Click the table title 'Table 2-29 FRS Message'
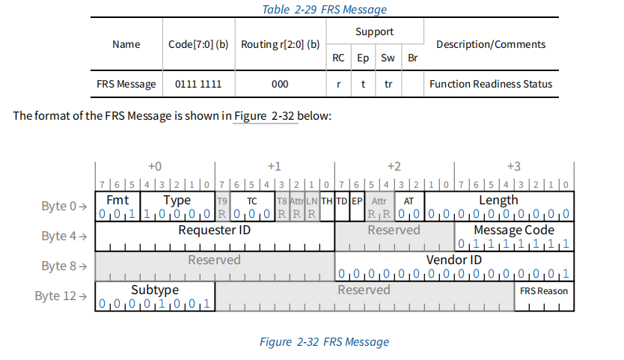(323, 10)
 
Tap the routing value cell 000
(280, 84)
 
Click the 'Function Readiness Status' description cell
(491, 84)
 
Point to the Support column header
(374, 32)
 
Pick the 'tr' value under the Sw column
(388, 84)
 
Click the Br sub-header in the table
(412, 58)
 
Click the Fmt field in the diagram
(118, 201)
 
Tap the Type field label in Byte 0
(177, 201)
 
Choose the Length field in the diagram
(498, 200)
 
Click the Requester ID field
(215, 231)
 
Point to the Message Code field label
(514, 230)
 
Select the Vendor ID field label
(454, 260)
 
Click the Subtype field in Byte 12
(155, 290)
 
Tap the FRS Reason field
(543, 291)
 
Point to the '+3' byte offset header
(513, 165)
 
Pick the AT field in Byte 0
(409, 201)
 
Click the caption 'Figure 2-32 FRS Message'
(324, 342)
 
